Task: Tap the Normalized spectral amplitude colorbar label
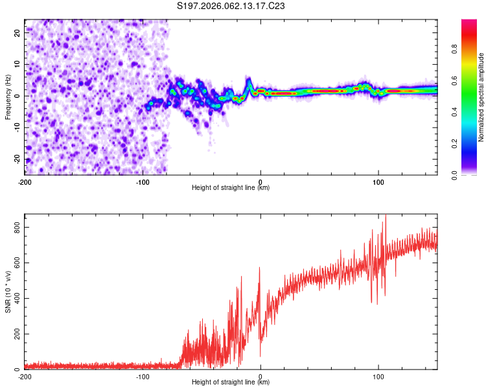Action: [481, 97]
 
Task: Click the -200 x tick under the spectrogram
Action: [25, 182]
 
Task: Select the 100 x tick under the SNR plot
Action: [378, 376]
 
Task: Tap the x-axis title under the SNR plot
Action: [231, 383]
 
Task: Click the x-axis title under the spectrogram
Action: [231, 188]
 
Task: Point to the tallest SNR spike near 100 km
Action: [385, 216]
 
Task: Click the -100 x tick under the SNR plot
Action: [143, 376]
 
